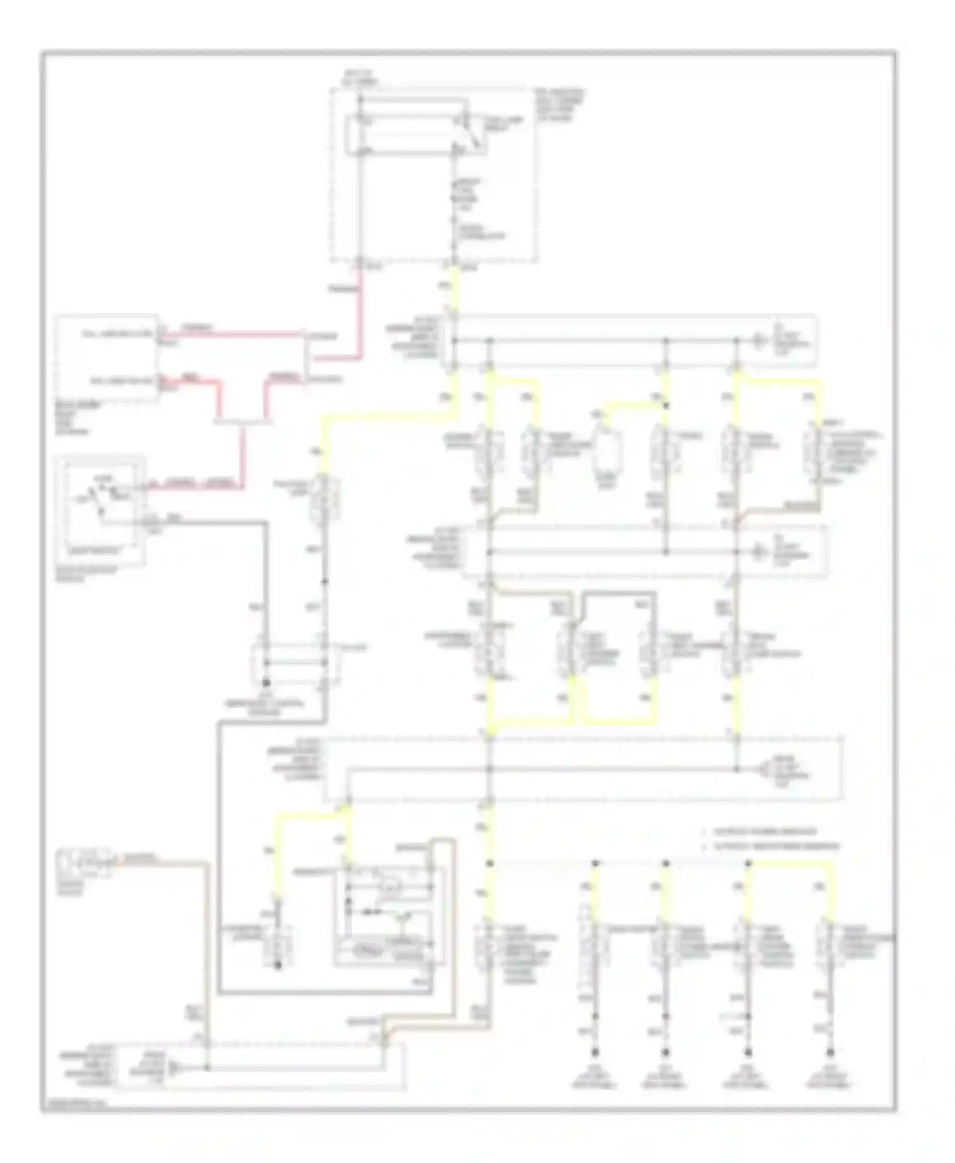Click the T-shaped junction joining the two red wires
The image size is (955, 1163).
click(x=242, y=421)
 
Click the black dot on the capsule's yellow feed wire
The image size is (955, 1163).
click(x=667, y=405)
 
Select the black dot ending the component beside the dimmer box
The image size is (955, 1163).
click(x=278, y=966)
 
